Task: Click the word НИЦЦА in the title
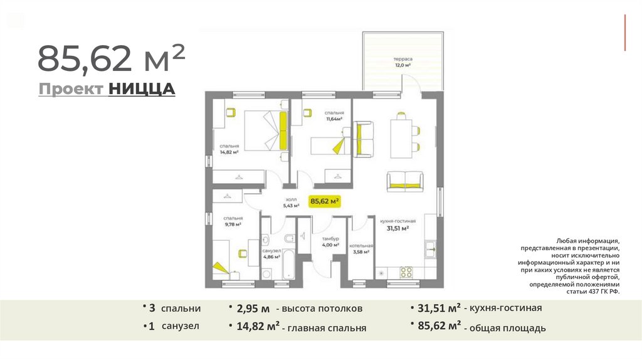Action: (x=142, y=89)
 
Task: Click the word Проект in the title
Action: (x=71, y=89)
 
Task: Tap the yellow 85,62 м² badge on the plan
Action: (x=325, y=201)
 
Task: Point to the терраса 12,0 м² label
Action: (x=403, y=62)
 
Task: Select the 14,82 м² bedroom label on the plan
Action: (x=229, y=149)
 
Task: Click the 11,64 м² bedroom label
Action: (x=334, y=116)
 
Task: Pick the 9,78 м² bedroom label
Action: (x=233, y=221)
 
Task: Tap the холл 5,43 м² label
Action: (x=291, y=203)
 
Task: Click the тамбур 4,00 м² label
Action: (x=330, y=241)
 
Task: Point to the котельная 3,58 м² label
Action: (x=361, y=249)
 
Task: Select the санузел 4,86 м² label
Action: (x=271, y=253)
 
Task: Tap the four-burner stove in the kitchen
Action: (x=406, y=272)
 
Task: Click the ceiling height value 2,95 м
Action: (x=253, y=309)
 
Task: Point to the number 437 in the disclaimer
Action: (x=594, y=292)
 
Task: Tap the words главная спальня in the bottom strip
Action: (x=327, y=328)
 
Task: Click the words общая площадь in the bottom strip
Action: (x=507, y=328)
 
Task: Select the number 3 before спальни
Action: (x=152, y=308)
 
